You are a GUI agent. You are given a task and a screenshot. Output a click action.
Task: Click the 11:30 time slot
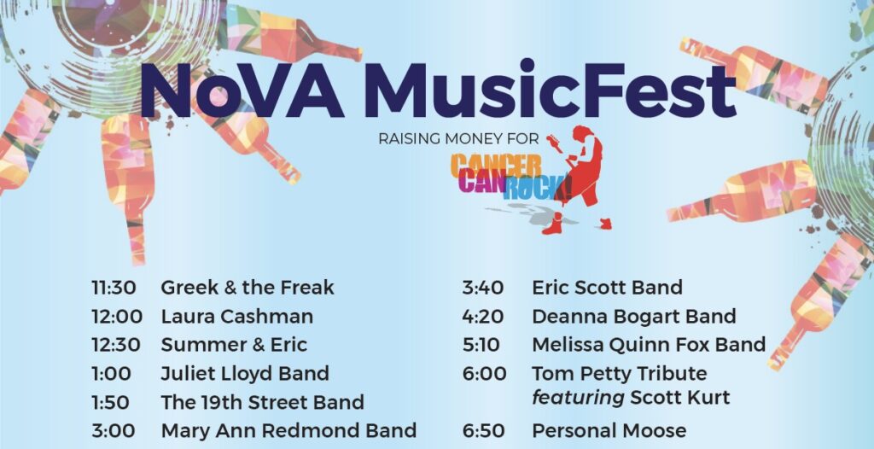coord(114,288)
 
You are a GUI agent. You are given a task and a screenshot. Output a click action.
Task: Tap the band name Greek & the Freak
coord(248,288)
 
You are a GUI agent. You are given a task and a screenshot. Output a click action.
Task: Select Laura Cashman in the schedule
coord(237,317)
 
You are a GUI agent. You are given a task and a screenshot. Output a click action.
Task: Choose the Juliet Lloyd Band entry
coord(245,374)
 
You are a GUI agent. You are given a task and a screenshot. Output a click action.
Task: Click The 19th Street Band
coord(263,402)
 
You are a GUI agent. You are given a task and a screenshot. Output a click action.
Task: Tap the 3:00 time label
coord(114,430)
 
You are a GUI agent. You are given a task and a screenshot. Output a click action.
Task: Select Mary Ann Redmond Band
coord(288,430)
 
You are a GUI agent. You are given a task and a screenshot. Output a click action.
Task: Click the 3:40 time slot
coord(483,288)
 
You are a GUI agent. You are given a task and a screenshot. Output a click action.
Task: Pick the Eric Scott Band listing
coord(607,288)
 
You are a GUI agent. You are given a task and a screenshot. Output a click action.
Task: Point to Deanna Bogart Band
coord(634,317)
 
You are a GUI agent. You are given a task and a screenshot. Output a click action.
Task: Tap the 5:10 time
coord(481,345)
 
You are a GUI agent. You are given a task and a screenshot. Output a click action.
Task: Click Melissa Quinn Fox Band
coord(649,345)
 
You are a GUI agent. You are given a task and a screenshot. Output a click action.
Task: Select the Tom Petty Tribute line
coord(620,373)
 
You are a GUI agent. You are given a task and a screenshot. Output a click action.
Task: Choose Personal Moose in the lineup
coord(609,430)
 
